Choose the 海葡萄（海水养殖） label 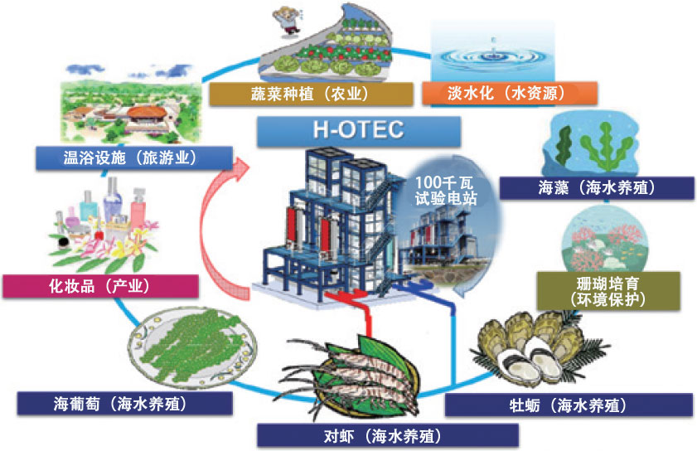click(x=126, y=404)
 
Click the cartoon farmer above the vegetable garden click(x=290, y=17)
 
